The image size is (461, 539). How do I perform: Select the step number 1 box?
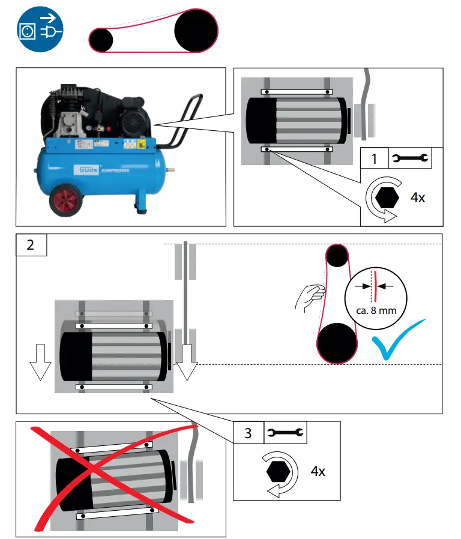[x=375, y=159]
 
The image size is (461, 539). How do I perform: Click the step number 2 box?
[x=31, y=245]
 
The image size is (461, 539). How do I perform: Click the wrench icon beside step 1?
[x=409, y=159]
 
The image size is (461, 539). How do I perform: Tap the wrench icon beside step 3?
[x=285, y=433]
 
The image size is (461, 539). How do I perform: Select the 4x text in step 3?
[x=318, y=471]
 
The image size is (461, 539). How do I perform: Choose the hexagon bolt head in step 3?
[x=279, y=471]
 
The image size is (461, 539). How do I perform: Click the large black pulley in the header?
[x=196, y=31]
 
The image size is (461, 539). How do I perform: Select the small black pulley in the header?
[x=101, y=40]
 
